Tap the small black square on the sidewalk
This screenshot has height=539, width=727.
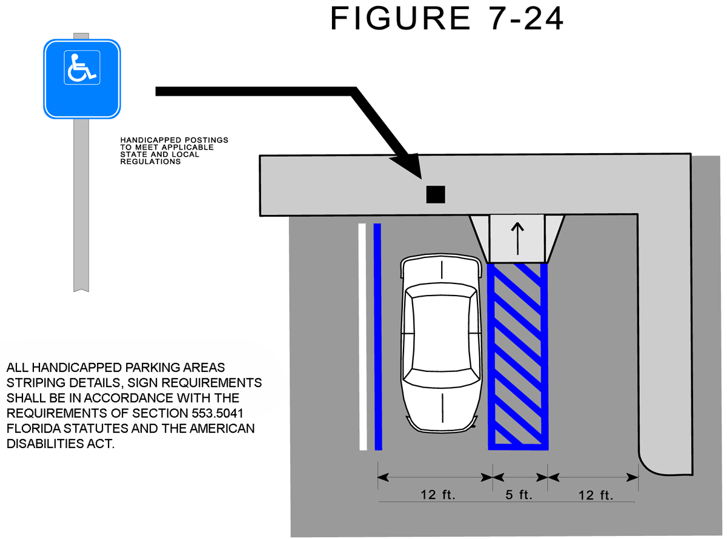point(436,194)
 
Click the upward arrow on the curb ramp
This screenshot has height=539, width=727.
point(517,237)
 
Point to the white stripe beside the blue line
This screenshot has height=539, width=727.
point(363,337)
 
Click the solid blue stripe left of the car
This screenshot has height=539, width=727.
point(378,337)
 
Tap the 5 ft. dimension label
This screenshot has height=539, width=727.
point(519,495)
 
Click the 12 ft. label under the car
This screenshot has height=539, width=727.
point(438,495)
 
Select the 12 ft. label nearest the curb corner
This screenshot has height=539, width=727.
point(596,495)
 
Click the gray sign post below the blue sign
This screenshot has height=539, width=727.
point(81,206)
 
